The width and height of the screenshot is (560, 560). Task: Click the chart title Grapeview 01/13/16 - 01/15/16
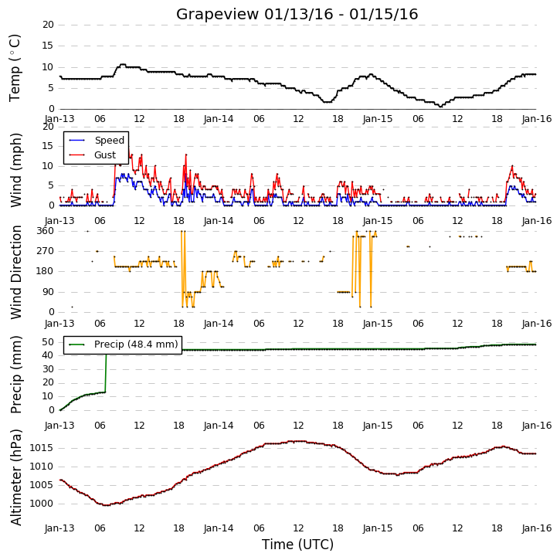pos(297,14)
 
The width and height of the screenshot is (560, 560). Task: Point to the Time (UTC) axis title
pos(297,545)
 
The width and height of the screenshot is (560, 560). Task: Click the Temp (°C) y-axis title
pos(15,68)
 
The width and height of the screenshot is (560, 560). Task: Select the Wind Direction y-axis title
pos(16,272)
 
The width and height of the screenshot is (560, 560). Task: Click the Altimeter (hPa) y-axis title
pos(16,477)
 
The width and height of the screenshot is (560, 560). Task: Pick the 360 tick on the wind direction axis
pos(46,231)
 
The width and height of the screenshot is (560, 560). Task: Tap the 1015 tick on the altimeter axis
pos(41,448)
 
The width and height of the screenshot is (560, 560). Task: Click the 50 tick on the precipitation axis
pos(48,341)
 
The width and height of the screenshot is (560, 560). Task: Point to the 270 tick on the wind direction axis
pos(46,251)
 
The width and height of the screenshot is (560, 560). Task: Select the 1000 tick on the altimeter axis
pos(41,504)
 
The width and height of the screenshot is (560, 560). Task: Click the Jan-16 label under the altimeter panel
pos(537,528)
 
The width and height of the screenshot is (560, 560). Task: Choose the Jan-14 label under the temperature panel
pos(219,119)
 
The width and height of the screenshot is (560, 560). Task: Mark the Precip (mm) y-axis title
pos(16,375)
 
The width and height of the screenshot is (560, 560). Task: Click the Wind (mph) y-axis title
pos(16,170)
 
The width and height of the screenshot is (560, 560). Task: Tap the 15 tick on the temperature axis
pos(48,46)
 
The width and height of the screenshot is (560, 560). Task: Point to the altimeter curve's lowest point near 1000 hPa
pos(106,505)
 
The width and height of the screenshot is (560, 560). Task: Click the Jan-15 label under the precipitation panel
pos(378,426)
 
